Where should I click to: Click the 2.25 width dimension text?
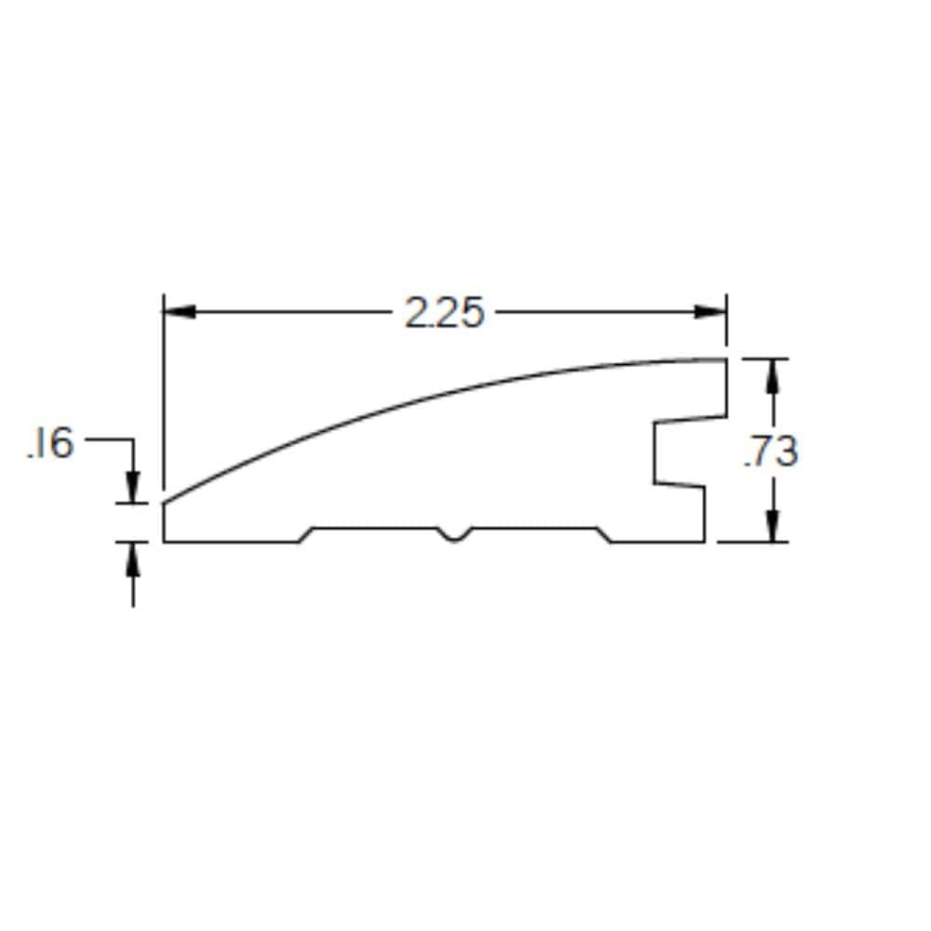(444, 314)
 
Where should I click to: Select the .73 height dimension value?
(771, 452)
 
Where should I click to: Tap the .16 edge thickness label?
(50, 444)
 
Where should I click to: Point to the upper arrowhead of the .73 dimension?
(772, 372)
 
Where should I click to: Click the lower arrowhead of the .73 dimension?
(772, 528)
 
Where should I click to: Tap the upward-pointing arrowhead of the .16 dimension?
(133, 557)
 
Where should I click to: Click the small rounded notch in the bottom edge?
(454, 535)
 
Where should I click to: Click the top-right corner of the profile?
(725, 359)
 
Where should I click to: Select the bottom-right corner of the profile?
(704, 541)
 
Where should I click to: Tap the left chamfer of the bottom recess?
(305, 534)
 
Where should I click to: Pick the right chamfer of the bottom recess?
(604, 534)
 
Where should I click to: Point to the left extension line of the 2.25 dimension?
(164, 391)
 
